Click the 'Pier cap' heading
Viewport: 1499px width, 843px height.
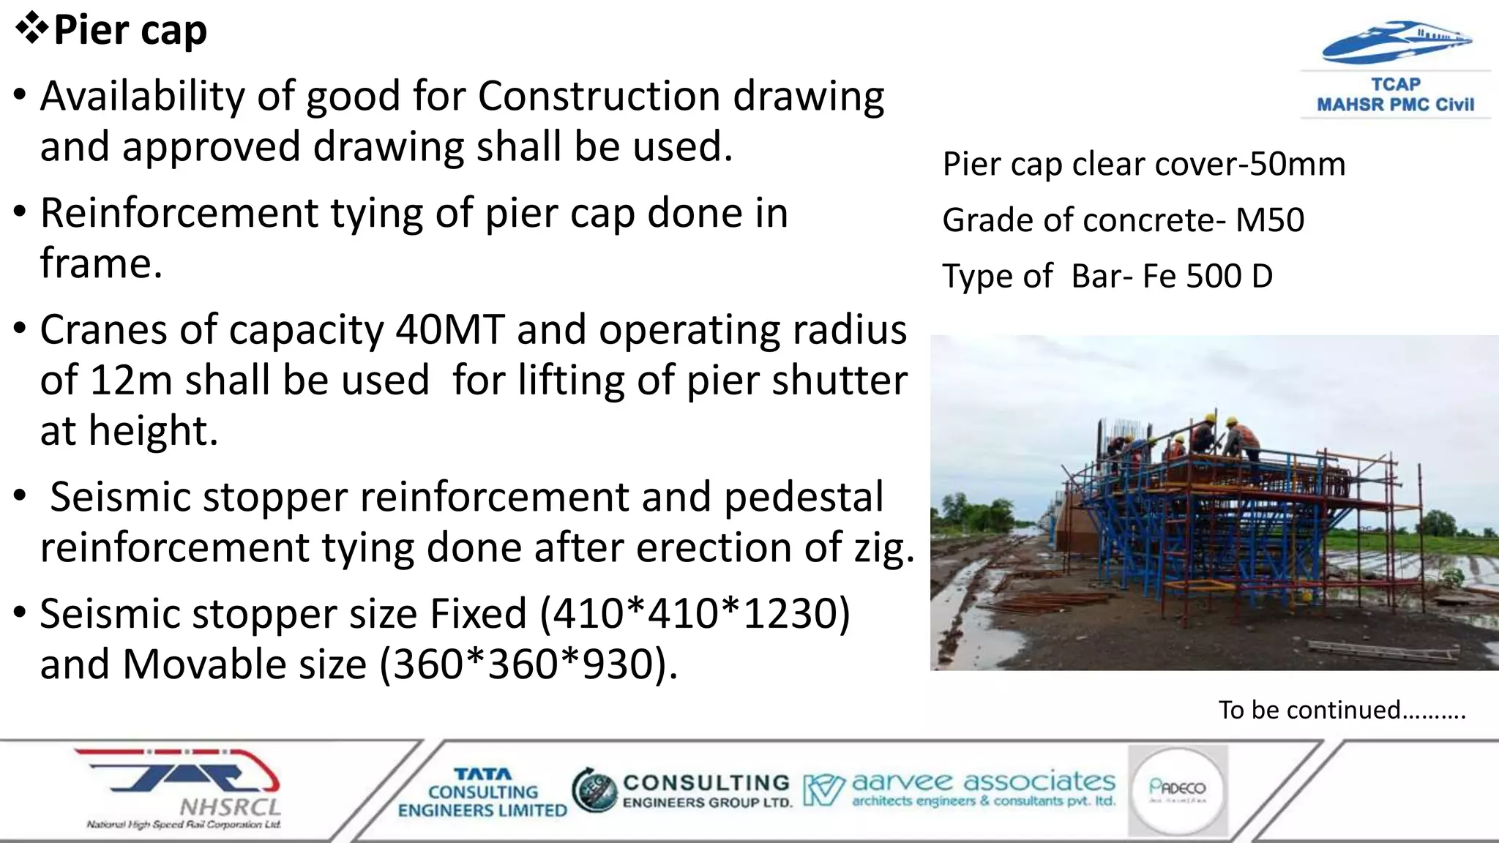tap(130, 31)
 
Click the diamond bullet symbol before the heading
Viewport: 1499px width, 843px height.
tap(31, 29)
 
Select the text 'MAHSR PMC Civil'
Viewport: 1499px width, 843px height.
tap(1395, 105)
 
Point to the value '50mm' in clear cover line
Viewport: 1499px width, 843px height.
tap(1297, 164)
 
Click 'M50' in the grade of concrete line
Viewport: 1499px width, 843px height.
tap(1270, 220)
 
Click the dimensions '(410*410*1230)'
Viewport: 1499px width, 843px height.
tap(695, 613)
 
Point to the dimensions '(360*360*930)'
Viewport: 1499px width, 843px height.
tap(528, 664)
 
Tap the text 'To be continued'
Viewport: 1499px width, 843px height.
tap(1309, 710)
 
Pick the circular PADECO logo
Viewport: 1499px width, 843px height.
tap(1177, 789)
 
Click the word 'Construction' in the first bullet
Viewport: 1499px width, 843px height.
tap(599, 96)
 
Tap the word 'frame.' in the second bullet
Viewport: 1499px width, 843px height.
tap(101, 263)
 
